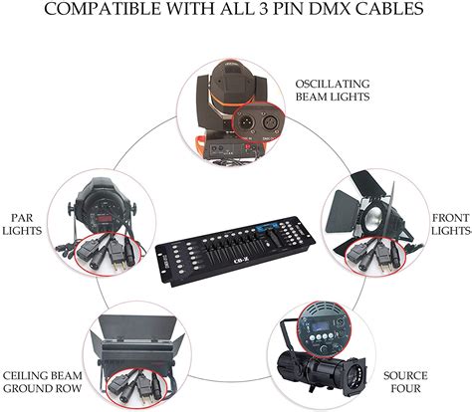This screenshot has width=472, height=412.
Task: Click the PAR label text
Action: click(x=22, y=214)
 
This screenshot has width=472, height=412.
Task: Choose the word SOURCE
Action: click(x=404, y=375)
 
